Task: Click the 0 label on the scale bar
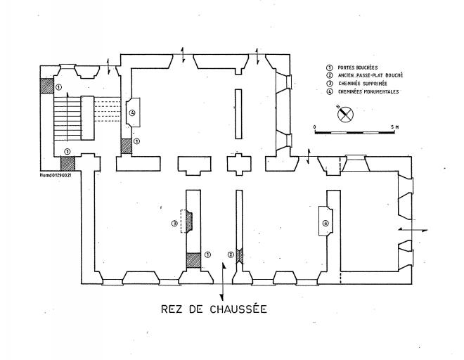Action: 315,127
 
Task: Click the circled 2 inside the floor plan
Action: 231,254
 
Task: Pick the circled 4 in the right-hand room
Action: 325,224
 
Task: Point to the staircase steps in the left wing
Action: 69,120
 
